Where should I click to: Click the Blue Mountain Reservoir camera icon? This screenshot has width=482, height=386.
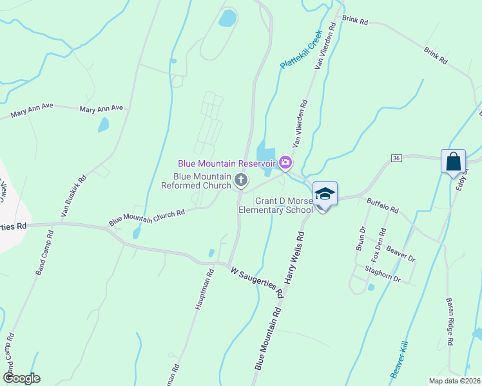click(284, 162)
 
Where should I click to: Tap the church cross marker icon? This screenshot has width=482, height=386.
click(241, 180)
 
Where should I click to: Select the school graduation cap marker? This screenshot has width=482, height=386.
click(325, 194)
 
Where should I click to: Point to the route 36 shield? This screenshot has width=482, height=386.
click(396, 158)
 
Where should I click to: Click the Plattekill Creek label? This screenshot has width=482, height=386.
click(300, 51)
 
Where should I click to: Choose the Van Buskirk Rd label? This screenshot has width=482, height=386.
click(73, 196)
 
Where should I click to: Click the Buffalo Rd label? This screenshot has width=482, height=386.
click(383, 205)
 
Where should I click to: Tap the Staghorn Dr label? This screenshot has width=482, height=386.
click(382, 275)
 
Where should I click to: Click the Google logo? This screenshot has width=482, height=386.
click(21, 378)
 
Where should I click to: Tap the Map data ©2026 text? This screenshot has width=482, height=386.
click(454, 381)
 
